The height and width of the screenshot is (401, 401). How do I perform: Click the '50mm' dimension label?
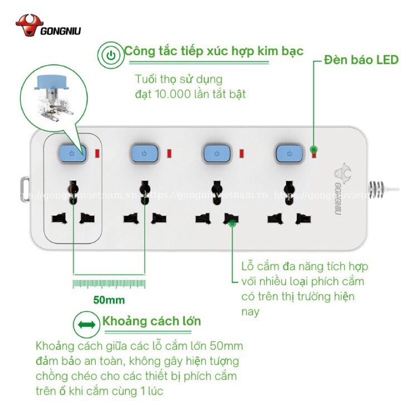[109, 300]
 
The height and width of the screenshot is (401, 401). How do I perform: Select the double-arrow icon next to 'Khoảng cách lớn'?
[87, 324]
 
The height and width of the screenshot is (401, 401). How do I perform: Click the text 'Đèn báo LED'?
[361, 60]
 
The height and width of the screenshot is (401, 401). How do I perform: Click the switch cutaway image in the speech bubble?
[53, 95]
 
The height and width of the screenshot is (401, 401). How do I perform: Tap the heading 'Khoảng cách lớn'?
[152, 321]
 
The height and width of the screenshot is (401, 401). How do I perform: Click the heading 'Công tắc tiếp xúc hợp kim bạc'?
[214, 51]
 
